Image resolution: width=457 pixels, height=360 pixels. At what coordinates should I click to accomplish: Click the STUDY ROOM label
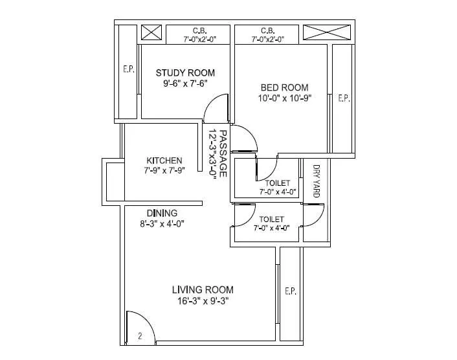pyautogui.click(x=184, y=73)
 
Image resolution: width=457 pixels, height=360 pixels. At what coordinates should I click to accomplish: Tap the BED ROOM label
pyautogui.click(x=284, y=87)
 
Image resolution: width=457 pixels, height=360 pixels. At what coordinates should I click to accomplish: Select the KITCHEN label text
pyautogui.click(x=164, y=161)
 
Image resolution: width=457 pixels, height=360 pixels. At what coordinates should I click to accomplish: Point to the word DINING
pyautogui.click(x=162, y=213)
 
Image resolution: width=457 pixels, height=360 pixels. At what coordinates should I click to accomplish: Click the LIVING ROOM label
pyautogui.click(x=203, y=289)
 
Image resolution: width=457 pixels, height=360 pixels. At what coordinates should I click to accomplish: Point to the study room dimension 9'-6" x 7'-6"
pyautogui.click(x=184, y=84)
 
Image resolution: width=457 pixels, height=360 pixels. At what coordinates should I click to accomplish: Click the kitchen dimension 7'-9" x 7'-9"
pyautogui.click(x=164, y=172)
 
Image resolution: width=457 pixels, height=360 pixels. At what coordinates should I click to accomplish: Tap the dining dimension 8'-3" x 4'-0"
pyautogui.click(x=162, y=224)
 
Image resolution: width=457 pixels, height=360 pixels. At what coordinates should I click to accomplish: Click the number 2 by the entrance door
pyautogui.click(x=139, y=336)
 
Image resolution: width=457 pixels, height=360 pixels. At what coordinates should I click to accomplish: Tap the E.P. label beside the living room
pyautogui.click(x=290, y=292)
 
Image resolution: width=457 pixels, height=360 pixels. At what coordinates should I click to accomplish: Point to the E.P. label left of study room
pyautogui.click(x=129, y=69)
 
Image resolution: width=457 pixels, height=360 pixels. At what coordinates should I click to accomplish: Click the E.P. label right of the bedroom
pyautogui.click(x=343, y=98)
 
